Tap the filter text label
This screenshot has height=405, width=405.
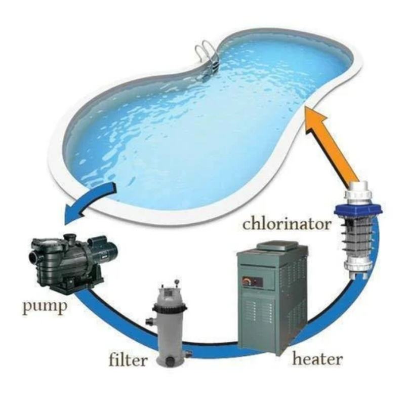point(129,361)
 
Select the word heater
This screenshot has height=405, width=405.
point(317,360)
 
